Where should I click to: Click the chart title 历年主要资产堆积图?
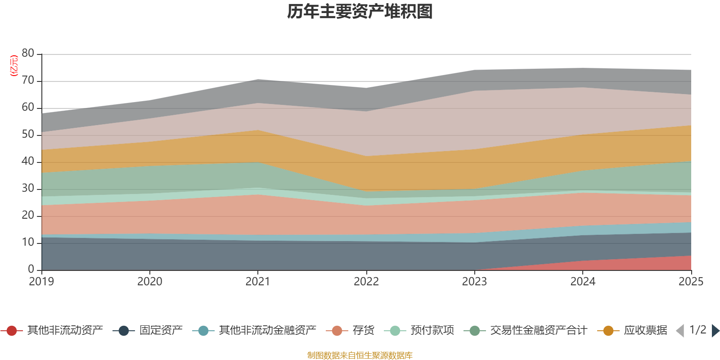pos(360,12)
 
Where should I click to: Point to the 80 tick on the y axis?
pos(28,54)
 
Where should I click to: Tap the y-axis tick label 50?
pos(28,135)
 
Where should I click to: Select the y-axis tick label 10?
pos(28,243)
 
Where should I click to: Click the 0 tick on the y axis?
pos(31,270)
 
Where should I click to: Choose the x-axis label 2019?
pos(41,282)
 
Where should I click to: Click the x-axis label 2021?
pos(258,282)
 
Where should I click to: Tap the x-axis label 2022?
pos(366,282)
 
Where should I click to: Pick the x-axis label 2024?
pos(583,282)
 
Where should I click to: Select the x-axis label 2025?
pos(691,282)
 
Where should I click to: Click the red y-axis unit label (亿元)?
pos(14,66)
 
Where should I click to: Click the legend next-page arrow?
pos(715,331)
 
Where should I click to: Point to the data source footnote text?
pos(360,355)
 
